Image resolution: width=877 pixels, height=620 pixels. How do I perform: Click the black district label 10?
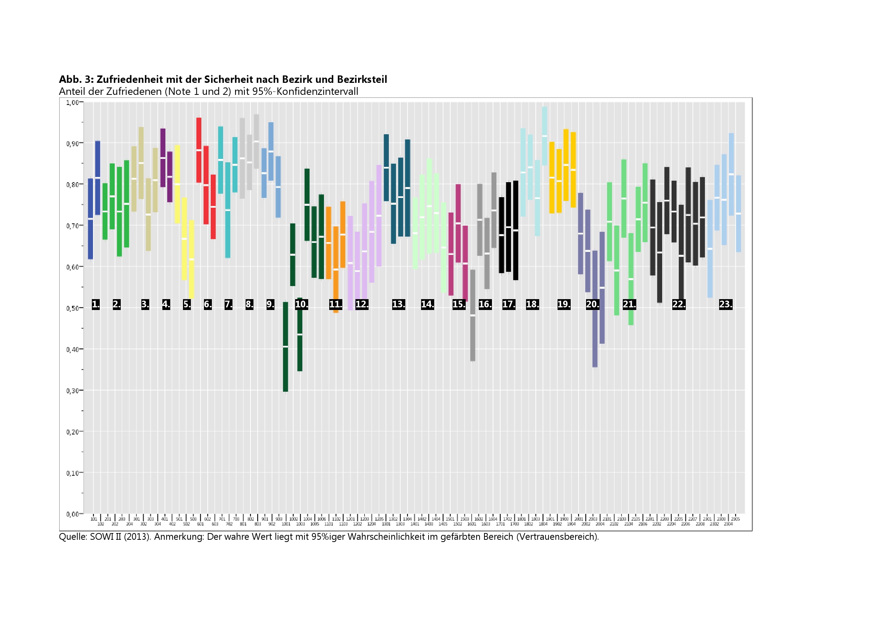pyautogui.click(x=301, y=304)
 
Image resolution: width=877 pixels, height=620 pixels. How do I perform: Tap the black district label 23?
pyautogui.click(x=726, y=304)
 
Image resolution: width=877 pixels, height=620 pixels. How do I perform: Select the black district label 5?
pyautogui.click(x=187, y=304)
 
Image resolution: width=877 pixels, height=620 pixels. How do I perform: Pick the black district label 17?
pyautogui.click(x=509, y=304)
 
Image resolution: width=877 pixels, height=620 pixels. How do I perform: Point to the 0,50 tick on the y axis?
pyautogui.click(x=72, y=309)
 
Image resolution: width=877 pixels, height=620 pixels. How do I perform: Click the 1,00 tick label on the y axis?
pyautogui.click(x=72, y=102)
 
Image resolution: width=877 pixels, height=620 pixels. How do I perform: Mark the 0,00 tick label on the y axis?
pyautogui.click(x=72, y=514)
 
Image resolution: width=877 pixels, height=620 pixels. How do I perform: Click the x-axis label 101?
pyautogui.click(x=94, y=519)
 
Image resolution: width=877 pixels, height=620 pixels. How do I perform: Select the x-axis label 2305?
pyautogui.click(x=735, y=519)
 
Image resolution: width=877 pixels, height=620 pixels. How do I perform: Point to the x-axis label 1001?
pyautogui.click(x=286, y=524)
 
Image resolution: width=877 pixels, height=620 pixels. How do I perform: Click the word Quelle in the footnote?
pyautogui.click(x=73, y=537)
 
